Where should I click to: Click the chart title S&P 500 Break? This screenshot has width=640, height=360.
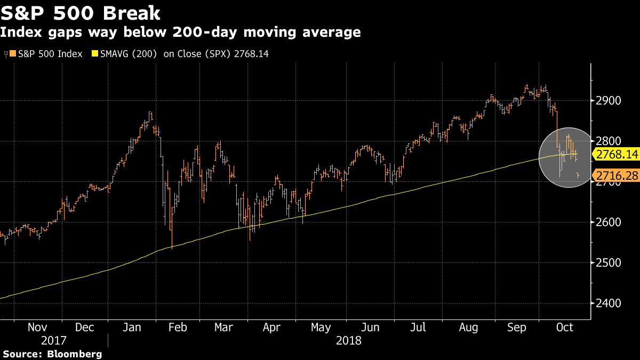pyautogui.click(x=81, y=12)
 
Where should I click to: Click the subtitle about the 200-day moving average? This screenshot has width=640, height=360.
pyautogui.click(x=180, y=33)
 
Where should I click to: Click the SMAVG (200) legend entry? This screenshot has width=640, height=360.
pyautogui.click(x=180, y=54)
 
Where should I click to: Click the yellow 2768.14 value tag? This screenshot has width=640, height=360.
pyautogui.click(x=615, y=155)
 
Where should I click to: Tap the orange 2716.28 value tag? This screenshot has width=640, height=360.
pyautogui.click(x=615, y=175)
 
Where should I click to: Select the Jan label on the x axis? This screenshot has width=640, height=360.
pyautogui.click(x=131, y=327)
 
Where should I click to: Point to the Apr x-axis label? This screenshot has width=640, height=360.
pyautogui.click(x=272, y=327)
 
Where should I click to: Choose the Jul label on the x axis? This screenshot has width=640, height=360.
pyautogui.click(x=418, y=327)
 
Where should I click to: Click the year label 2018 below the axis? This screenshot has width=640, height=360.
pyautogui.click(x=349, y=340)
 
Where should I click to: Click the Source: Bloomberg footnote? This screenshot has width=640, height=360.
pyautogui.click(x=52, y=354)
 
